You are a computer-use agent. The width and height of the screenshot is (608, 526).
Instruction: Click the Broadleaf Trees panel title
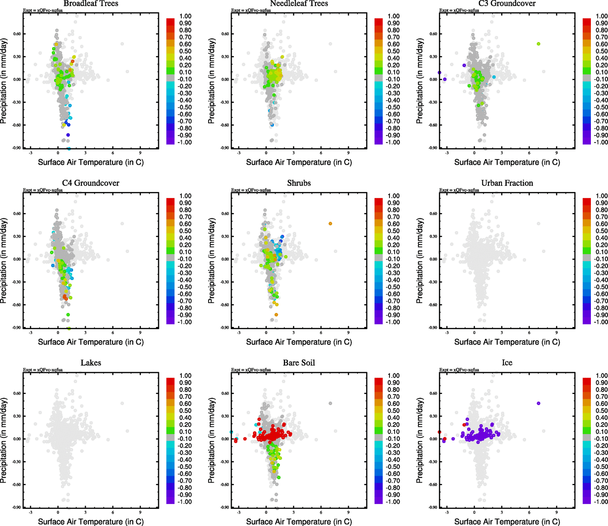(x=91, y=4)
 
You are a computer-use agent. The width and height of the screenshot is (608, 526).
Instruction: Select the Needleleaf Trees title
(x=299, y=4)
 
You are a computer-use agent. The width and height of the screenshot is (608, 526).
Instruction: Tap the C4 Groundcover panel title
(x=91, y=183)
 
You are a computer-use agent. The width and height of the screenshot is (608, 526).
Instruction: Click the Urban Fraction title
(x=507, y=183)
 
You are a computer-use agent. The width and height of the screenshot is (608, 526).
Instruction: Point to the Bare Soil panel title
(x=299, y=363)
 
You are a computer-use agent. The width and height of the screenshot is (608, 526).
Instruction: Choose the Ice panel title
(x=507, y=363)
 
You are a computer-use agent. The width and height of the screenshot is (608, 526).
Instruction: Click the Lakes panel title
(x=91, y=363)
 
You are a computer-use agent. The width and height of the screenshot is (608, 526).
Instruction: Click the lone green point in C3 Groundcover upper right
(x=538, y=44)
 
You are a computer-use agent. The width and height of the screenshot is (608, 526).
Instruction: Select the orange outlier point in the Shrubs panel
(x=330, y=224)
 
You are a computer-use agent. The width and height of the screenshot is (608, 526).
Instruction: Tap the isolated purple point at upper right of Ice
(x=538, y=403)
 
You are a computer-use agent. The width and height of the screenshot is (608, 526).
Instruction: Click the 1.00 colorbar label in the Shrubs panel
(x=393, y=196)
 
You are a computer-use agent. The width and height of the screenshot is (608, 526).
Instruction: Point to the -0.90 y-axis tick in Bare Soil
(x=225, y=508)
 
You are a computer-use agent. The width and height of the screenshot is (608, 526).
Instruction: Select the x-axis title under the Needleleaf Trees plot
(x=299, y=162)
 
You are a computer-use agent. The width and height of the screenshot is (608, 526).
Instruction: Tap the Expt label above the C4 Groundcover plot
(x=43, y=190)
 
